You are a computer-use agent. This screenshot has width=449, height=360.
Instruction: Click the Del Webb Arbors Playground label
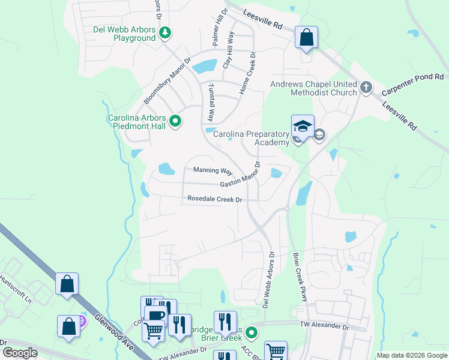point(124,34)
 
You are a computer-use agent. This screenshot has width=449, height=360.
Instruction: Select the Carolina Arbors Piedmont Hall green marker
point(175,122)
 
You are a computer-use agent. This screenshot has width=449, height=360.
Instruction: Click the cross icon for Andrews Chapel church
point(366,88)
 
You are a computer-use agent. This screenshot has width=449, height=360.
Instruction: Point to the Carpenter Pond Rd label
point(414,77)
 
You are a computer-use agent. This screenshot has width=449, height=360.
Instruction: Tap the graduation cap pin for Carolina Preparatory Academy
point(303,127)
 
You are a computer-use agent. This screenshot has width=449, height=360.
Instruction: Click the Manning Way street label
point(212,170)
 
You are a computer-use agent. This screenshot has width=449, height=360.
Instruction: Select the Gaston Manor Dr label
point(240,176)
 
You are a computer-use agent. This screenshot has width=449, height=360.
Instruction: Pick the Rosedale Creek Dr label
point(215,199)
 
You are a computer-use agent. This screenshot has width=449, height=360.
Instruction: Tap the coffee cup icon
point(156,316)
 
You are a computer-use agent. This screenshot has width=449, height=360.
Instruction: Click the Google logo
point(20,353)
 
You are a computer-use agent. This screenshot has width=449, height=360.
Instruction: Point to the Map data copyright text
point(411,355)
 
